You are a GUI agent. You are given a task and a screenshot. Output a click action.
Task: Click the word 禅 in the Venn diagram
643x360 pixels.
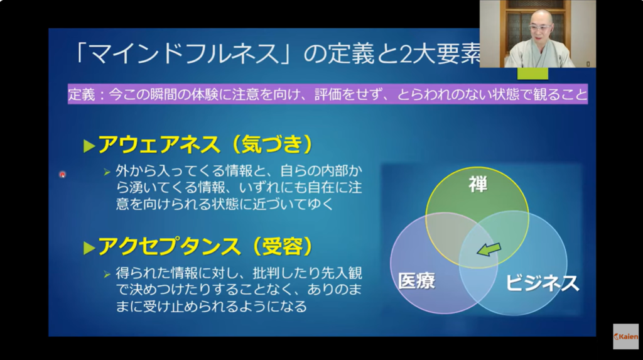(478, 185)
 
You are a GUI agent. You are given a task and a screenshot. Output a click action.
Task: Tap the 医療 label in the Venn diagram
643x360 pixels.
(416, 281)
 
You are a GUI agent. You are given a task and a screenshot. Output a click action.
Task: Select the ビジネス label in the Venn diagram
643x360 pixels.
(542, 283)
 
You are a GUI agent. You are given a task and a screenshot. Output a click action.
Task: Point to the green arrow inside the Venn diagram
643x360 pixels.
(489, 249)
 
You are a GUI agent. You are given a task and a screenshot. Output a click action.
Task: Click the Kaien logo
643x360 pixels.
(626, 337)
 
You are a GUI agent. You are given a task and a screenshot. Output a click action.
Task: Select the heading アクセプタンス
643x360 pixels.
(170, 247)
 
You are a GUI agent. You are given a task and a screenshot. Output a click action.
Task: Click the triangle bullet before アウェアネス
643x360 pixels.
(89, 146)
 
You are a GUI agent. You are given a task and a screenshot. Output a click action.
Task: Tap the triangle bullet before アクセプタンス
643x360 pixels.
(89, 248)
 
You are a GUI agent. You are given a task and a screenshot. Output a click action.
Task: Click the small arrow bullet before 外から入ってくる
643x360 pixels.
(107, 172)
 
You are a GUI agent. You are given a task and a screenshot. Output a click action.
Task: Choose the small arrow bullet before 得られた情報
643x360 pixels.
(107, 274)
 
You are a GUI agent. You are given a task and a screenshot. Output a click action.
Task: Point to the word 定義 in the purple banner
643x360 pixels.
(82, 95)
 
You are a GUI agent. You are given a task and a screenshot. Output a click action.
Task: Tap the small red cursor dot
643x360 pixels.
(62, 175)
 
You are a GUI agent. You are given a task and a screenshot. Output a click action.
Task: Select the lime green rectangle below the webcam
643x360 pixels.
(532, 74)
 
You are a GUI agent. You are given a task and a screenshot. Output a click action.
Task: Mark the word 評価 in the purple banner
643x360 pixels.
(328, 95)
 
